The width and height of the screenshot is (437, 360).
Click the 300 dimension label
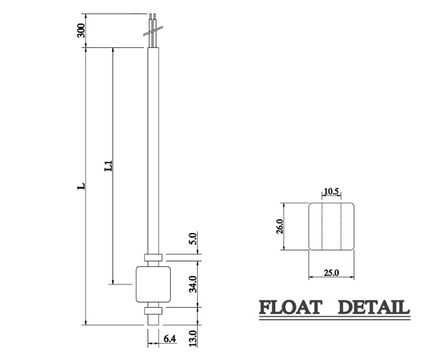[81, 30]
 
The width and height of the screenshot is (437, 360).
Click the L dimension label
[81, 186]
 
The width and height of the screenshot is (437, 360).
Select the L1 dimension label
[108, 167]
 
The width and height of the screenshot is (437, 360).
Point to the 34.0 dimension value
[193, 285]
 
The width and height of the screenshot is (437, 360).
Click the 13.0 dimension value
[193, 337]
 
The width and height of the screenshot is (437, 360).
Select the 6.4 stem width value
[169, 340]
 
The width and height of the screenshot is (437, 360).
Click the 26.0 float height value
[279, 226]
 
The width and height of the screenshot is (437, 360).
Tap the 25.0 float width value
[331, 272]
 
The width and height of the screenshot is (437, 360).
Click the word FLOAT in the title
[290, 308]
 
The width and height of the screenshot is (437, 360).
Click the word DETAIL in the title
[372, 308]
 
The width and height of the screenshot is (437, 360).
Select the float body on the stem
[152, 284]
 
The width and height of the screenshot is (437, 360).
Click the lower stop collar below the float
[152, 309]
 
